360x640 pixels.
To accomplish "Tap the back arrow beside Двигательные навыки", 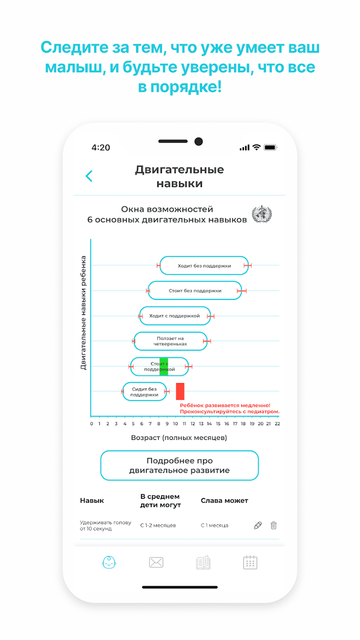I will (x=89, y=176).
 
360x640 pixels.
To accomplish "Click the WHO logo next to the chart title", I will (x=262, y=215).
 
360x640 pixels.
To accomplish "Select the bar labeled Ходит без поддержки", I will (x=204, y=265).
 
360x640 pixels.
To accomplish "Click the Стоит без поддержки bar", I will (x=195, y=291).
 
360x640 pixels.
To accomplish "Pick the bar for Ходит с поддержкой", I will (x=175, y=316).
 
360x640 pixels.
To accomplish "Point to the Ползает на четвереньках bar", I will (x=170, y=341).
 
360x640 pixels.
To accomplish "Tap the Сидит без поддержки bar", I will (x=144, y=391).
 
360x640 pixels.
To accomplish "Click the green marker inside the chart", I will (x=164, y=366).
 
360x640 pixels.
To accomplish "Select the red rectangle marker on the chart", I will (x=180, y=391).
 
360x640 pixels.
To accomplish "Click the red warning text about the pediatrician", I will (x=230, y=408).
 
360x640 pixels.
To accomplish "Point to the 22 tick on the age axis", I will (x=277, y=423).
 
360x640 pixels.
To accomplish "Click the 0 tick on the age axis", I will (x=91, y=423).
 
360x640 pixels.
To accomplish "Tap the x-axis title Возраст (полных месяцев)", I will (x=179, y=438).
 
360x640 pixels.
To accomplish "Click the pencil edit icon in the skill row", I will (x=258, y=525).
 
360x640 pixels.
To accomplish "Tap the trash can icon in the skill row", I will (x=274, y=525).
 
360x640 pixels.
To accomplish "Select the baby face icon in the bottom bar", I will (x=109, y=562).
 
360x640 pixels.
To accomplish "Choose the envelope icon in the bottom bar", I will (x=156, y=562).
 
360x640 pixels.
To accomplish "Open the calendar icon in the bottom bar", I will (x=250, y=562).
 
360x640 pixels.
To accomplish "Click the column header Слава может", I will (x=224, y=501).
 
